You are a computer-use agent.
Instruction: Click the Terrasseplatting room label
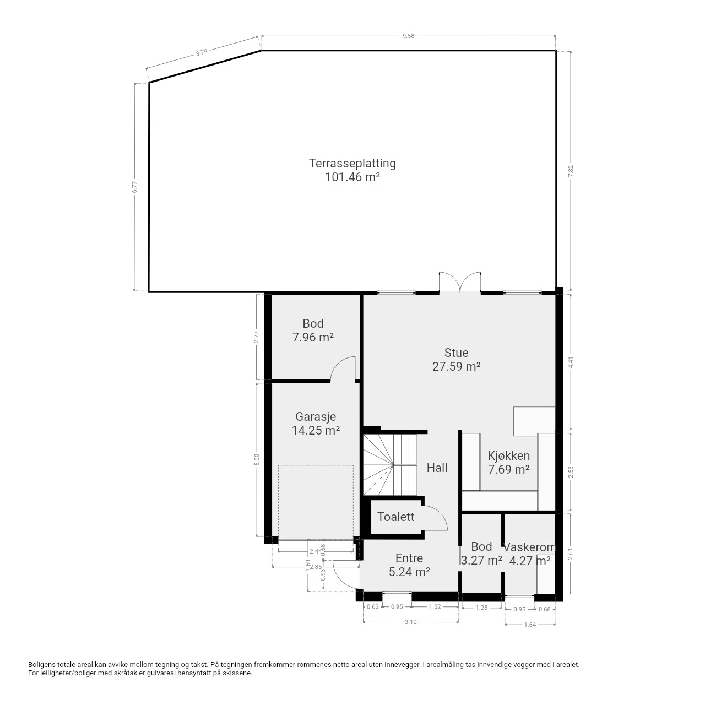(x=352, y=163)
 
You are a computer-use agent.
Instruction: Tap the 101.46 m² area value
(x=352, y=177)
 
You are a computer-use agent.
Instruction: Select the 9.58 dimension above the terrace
(x=408, y=36)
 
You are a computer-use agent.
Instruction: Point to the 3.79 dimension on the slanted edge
(x=202, y=52)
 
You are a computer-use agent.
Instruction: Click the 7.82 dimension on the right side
(x=571, y=171)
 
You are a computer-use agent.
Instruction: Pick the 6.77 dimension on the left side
(x=134, y=187)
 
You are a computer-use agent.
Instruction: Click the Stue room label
(x=456, y=352)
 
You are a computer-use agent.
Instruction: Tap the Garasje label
(x=316, y=417)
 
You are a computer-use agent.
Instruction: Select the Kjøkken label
(x=508, y=456)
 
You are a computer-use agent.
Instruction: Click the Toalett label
(x=396, y=517)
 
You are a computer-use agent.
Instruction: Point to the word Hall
(x=437, y=468)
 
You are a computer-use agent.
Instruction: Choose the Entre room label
(x=409, y=558)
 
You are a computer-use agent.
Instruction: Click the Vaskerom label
(x=530, y=547)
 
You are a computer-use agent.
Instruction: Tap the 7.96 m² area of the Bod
(x=313, y=337)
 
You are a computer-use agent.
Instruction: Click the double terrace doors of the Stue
(x=460, y=282)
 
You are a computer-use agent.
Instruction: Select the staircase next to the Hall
(x=390, y=465)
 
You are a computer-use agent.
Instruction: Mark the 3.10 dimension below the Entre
(x=410, y=622)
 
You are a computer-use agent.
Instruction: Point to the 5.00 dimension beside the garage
(x=257, y=459)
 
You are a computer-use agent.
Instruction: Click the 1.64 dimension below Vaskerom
(x=530, y=625)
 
